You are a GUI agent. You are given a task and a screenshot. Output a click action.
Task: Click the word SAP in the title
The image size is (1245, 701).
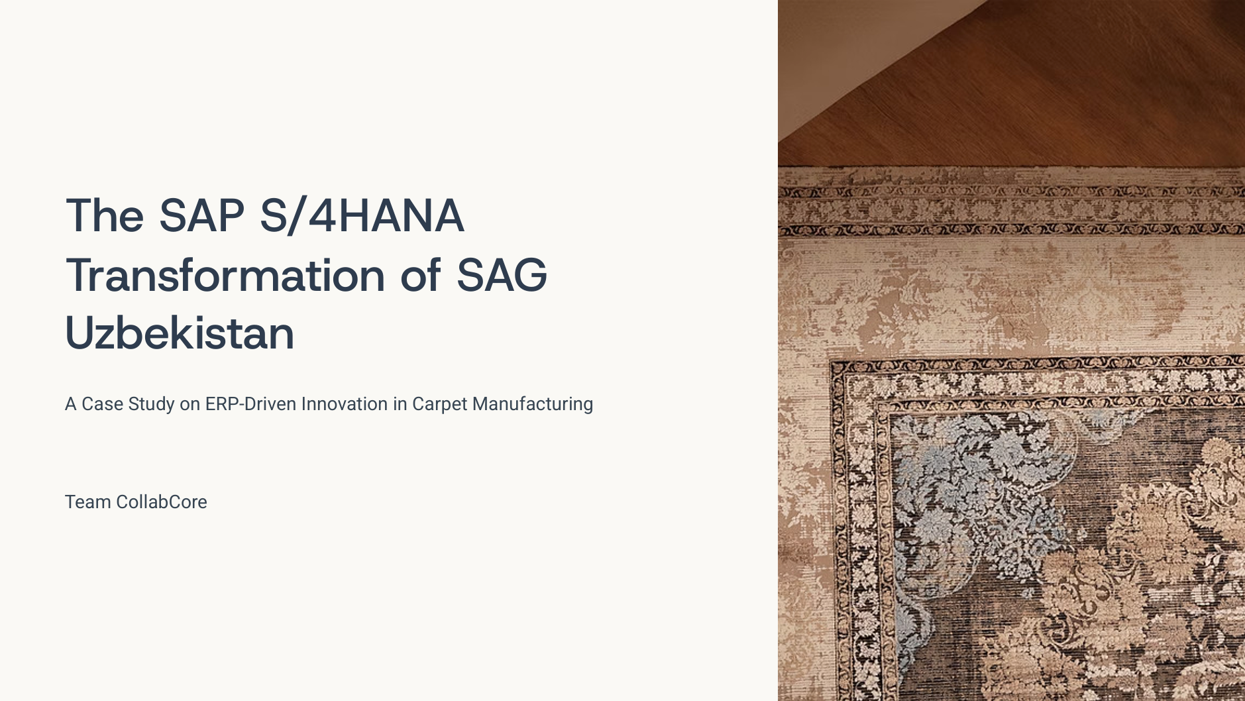point(201,216)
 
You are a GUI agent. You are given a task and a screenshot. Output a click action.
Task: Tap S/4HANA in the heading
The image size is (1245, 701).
point(362,216)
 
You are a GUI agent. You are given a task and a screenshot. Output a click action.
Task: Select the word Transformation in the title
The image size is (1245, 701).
point(225,274)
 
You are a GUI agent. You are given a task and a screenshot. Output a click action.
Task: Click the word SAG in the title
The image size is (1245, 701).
point(502,274)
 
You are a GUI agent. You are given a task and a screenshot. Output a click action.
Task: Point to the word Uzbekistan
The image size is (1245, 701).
point(180,333)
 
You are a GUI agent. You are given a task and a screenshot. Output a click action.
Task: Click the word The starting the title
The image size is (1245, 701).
point(105,216)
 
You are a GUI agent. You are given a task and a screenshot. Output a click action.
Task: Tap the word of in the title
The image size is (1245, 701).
point(421,274)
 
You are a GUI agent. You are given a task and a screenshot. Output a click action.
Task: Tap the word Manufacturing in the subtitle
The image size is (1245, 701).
point(533,404)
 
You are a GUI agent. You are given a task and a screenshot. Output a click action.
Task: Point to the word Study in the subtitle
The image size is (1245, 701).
point(151,404)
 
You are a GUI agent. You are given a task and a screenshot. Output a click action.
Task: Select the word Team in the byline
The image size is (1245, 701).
point(88,502)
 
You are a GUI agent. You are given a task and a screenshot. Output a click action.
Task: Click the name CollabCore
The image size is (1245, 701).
point(162,502)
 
